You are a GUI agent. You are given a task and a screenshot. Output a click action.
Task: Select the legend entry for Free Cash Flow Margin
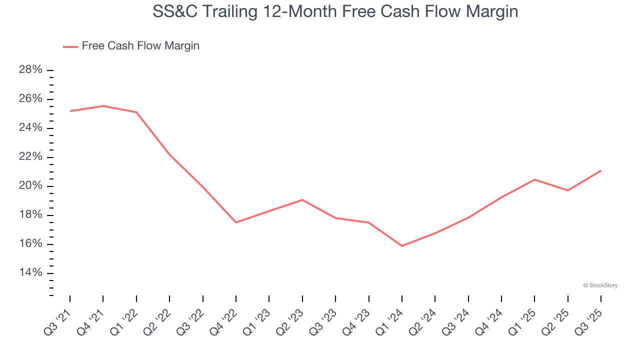point(131,46)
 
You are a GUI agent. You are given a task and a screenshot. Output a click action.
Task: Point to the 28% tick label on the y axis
point(30,70)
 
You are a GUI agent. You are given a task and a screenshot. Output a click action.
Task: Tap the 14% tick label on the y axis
point(30,273)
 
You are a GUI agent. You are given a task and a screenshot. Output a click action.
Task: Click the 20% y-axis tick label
point(30,186)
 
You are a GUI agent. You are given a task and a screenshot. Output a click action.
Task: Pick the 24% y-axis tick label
point(30,128)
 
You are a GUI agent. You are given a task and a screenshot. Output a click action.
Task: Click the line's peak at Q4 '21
point(103,106)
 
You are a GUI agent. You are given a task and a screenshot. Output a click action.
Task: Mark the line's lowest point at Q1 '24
point(402,246)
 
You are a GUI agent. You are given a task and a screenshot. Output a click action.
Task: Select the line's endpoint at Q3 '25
point(600,170)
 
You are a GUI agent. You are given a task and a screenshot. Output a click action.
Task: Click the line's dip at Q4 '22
point(236,222)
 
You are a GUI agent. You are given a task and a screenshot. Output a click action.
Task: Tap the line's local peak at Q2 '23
point(302,200)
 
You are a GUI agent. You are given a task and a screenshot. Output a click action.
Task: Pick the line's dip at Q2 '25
point(567,190)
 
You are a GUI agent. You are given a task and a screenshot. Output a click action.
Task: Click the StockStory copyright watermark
point(600,285)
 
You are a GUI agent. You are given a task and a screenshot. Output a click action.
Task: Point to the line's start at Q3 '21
point(70,111)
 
